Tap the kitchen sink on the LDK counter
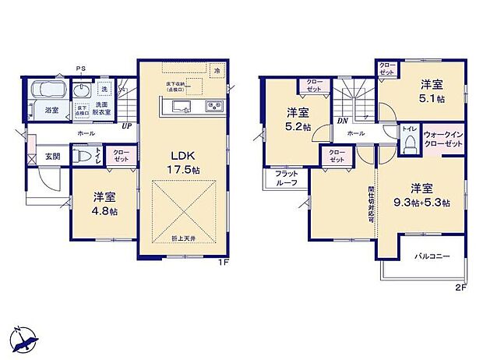pyautogui.click(x=178, y=107)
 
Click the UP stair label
pyautogui.click(x=125, y=125)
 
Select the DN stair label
pyautogui.click(x=342, y=122)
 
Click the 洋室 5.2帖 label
pyautogui.click(x=296, y=120)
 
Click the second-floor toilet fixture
pyautogui.click(x=410, y=144)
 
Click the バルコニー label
pyautogui.click(x=432, y=256)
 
